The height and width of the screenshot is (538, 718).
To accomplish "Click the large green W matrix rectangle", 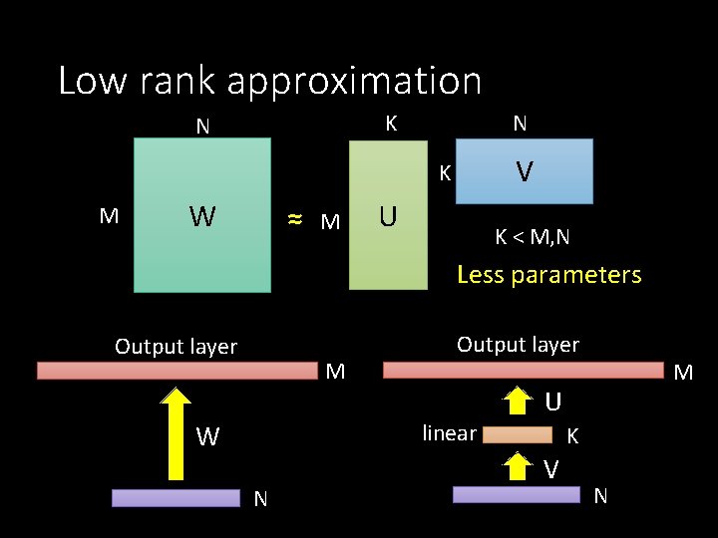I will pos(202,214).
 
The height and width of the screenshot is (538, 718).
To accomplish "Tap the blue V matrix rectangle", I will pos(524,171).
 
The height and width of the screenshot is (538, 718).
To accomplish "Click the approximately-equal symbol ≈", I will pos(294,219).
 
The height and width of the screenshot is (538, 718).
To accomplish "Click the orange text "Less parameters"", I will pos(548,275).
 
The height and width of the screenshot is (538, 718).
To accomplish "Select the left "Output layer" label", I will pos(177,347).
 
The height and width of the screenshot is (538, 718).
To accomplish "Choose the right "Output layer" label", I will pos(518,345).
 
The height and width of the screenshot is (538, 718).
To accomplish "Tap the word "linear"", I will pos(449,432).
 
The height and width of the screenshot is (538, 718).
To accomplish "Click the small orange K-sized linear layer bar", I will pos(517,434).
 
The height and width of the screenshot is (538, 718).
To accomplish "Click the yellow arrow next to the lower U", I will pos(517,401).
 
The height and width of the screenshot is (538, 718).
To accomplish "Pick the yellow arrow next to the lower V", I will pos(517,464).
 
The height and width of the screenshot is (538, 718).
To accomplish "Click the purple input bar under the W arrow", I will pos(177,497).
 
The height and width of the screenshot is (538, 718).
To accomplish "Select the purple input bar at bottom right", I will pos(517,494).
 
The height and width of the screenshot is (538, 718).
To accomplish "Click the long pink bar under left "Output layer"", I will pos(177,371).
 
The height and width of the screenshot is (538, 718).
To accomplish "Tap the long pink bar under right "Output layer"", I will pos(523,371).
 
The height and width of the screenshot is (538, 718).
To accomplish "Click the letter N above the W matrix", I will pos(202,127).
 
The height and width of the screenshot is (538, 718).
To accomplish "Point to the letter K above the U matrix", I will pos(391,124).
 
